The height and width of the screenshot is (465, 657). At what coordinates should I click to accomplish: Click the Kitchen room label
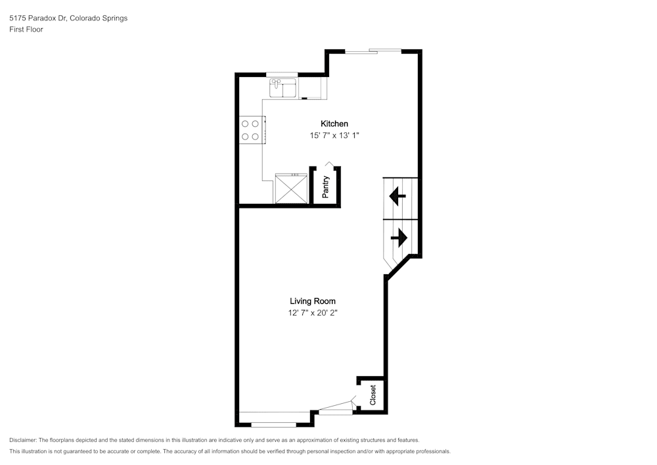tap(334, 124)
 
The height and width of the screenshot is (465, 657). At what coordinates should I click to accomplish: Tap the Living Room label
tap(313, 301)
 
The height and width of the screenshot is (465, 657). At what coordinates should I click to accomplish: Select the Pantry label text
tap(326, 187)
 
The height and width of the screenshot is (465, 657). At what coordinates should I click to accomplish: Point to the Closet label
tap(373, 395)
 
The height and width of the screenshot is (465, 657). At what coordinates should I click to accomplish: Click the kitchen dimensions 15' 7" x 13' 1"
tap(334, 135)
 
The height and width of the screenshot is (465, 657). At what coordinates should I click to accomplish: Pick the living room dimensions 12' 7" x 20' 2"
tap(313, 313)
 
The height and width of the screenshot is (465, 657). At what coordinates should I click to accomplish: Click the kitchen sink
tap(283, 88)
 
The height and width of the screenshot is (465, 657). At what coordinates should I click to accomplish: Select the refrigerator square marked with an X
tap(291, 189)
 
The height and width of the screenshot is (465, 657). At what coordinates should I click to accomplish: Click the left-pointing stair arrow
tap(397, 196)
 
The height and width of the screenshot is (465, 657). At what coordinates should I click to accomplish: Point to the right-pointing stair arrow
tap(399, 237)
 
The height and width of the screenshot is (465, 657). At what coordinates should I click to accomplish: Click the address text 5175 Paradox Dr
tap(37, 18)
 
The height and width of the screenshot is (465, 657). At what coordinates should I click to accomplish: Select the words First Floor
tap(26, 30)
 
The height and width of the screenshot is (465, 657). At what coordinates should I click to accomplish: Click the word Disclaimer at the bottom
tap(23, 440)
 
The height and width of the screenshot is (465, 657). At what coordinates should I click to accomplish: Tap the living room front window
tap(273, 425)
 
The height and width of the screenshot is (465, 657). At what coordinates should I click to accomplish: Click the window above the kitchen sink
tap(282, 74)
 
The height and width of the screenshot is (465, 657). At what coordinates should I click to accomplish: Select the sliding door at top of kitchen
tap(373, 51)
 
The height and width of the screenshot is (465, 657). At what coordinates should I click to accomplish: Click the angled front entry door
tap(336, 405)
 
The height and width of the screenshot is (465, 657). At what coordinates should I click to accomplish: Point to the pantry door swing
tap(329, 164)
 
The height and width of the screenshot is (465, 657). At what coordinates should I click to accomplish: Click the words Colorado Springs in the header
tap(99, 18)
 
